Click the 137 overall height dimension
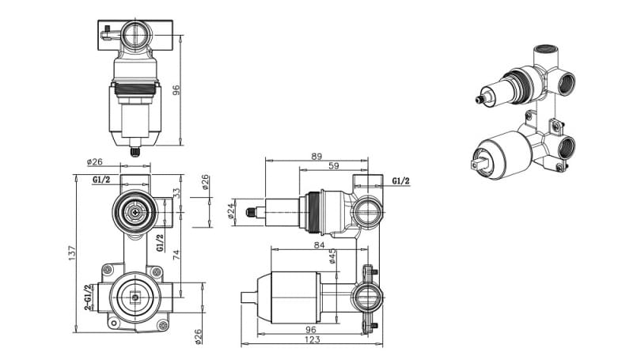coord(72,252)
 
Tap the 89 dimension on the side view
coord(316,157)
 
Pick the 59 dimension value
coord(334,166)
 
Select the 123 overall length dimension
coord(312,340)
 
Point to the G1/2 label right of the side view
coord(401,180)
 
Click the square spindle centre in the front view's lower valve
coord(135,297)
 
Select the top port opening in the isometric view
coord(544,51)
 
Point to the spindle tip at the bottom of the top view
coord(135,148)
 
